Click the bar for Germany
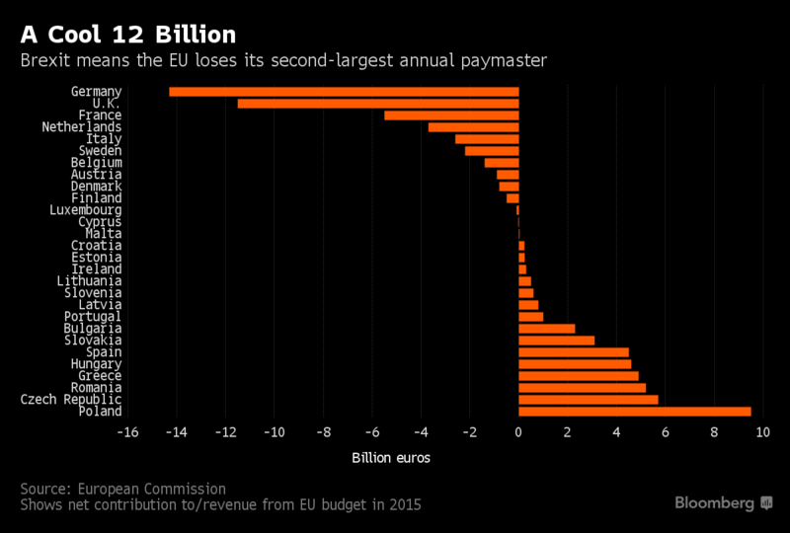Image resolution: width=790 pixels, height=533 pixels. [344, 92]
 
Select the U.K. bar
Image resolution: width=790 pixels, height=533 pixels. [378, 104]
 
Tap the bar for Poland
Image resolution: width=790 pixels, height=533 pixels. [634, 412]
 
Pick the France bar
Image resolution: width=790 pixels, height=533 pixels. [451, 115]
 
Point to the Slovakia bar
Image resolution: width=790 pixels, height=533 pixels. [556, 341]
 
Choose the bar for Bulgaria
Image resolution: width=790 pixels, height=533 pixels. [546, 329]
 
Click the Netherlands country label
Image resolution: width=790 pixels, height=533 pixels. [82, 127]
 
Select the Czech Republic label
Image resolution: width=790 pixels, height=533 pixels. [71, 400]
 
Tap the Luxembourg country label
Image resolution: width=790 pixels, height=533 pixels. [86, 210]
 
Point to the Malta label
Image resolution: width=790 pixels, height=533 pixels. [104, 234]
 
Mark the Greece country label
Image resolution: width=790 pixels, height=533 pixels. [100, 376]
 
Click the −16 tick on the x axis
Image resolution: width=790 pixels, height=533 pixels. [127, 431]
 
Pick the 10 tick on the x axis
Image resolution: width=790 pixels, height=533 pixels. [762, 431]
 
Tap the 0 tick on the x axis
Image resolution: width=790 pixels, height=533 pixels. [518, 431]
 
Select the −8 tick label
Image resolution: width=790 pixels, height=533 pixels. [323, 431]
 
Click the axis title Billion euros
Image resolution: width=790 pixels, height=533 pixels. [391, 458]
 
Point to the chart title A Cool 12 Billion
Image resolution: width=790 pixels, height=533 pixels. [127, 35]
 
